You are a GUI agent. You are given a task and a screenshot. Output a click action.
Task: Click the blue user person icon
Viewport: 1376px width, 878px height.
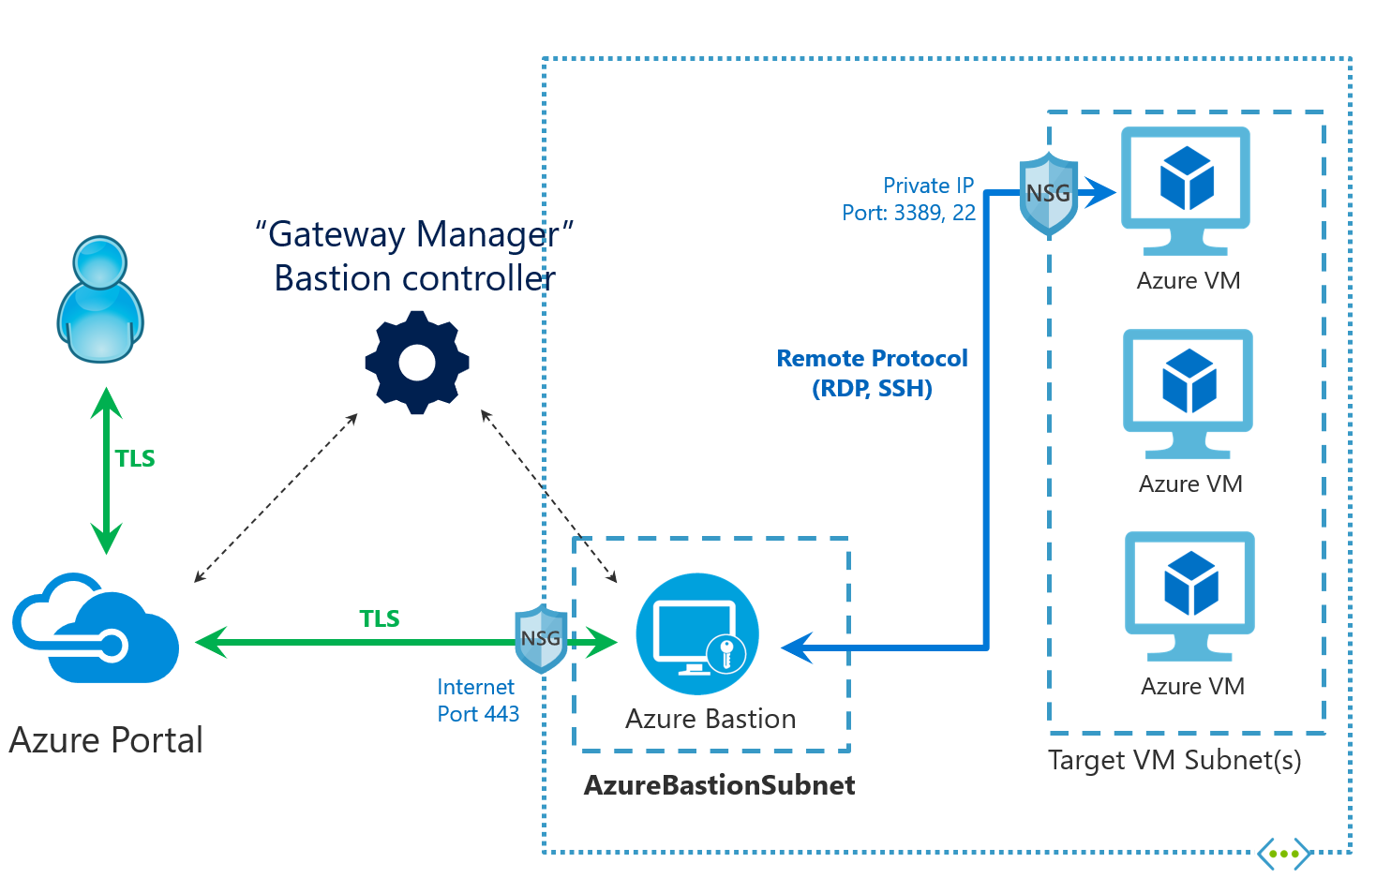(x=100, y=299)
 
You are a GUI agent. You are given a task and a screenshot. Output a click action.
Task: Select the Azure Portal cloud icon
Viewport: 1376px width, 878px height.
(x=96, y=629)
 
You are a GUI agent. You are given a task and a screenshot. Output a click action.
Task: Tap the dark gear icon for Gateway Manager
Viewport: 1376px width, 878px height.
(x=416, y=363)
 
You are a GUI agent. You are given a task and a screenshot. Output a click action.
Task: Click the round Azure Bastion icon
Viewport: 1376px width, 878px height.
(x=696, y=634)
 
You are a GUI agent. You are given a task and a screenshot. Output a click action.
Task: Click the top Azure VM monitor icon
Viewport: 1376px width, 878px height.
(x=1186, y=191)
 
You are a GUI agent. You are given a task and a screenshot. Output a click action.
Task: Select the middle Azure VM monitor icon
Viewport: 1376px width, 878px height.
(x=1189, y=393)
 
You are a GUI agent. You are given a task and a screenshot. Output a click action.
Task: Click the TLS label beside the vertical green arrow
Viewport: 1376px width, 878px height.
(x=135, y=458)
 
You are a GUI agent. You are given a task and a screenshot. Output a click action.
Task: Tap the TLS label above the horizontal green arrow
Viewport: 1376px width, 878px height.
(x=380, y=618)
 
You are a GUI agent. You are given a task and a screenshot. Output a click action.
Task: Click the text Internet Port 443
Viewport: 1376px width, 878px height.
(x=478, y=700)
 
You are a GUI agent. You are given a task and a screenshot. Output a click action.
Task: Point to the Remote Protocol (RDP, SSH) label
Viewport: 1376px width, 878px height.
(x=872, y=373)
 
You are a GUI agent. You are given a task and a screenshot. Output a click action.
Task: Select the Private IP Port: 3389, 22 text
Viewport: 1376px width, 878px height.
(x=909, y=199)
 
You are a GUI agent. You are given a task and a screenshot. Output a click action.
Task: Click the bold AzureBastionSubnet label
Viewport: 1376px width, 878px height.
(x=719, y=785)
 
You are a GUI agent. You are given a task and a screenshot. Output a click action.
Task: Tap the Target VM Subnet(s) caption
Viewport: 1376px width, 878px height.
(x=1174, y=760)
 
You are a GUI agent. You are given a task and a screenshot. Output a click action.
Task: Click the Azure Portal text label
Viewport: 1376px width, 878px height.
(x=106, y=740)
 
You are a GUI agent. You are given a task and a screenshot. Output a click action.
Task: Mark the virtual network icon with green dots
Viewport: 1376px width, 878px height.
(x=1283, y=854)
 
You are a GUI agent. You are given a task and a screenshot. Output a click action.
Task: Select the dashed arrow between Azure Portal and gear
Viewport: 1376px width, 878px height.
(x=276, y=498)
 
